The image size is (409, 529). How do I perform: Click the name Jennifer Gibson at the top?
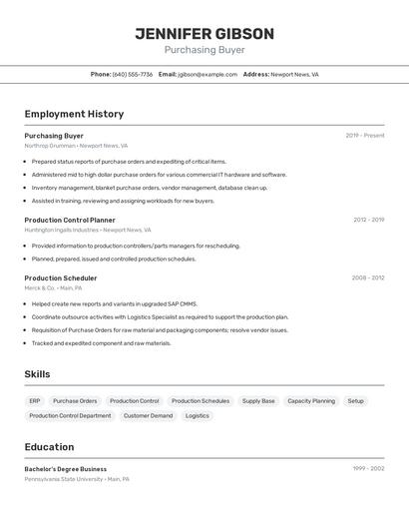(204, 34)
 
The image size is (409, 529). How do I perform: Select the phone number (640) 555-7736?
(133, 74)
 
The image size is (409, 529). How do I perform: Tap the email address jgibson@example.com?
(207, 74)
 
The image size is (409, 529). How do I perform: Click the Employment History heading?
(74, 114)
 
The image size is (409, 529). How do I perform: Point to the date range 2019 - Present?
(364, 136)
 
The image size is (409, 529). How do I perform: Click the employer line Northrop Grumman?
(76, 146)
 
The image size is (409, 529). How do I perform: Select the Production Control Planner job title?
(70, 220)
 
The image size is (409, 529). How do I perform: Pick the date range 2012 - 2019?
(368, 220)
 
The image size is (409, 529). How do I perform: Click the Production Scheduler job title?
(61, 278)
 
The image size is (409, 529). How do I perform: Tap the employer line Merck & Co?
(53, 287)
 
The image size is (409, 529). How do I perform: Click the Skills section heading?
(37, 374)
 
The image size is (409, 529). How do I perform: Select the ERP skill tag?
(35, 400)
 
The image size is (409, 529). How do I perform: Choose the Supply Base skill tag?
(258, 400)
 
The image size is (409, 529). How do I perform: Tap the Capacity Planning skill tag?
(311, 400)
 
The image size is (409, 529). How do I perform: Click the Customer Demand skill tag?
(148, 415)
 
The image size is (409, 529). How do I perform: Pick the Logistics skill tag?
(198, 415)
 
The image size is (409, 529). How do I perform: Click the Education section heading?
(49, 447)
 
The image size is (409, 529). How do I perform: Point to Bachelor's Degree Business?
(66, 469)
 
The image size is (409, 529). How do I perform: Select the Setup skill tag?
(355, 400)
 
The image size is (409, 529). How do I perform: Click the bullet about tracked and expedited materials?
(101, 343)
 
